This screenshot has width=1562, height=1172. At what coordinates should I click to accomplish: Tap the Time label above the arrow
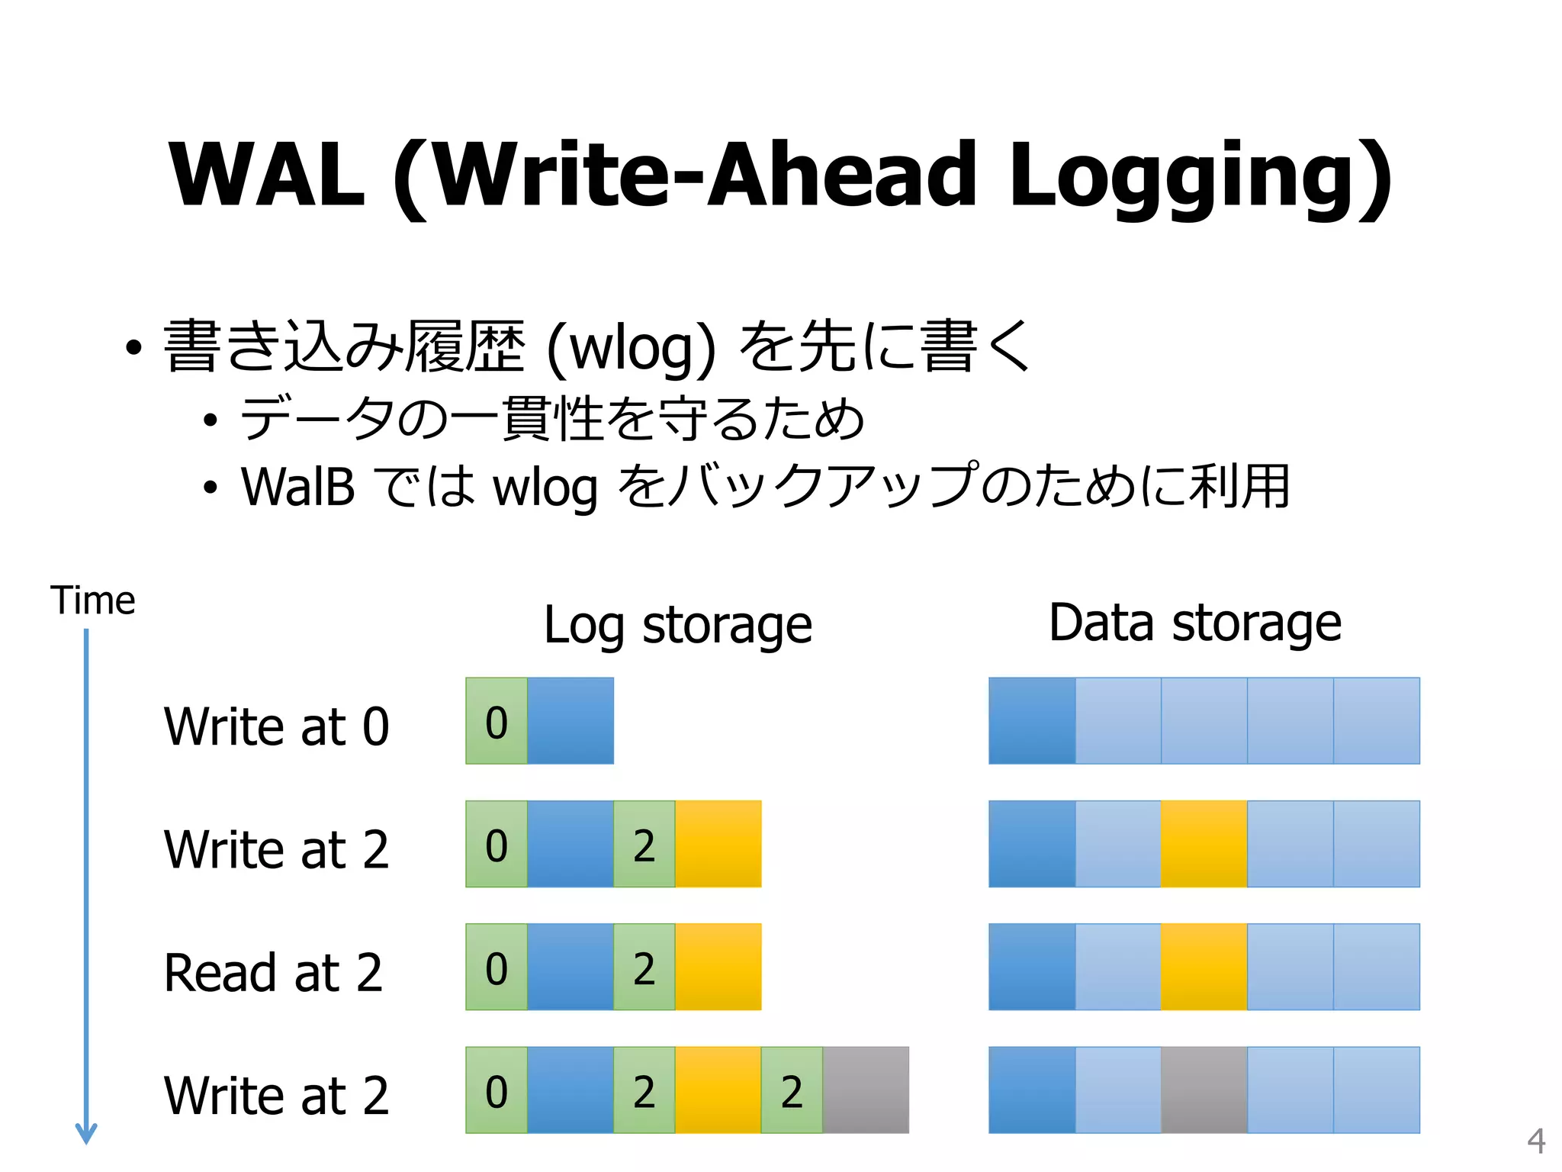(92, 600)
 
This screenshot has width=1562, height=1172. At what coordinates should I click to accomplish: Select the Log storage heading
(677, 626)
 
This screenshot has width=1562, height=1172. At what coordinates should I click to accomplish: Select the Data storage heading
(1194, 623)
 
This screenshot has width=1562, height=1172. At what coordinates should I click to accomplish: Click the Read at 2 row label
(273, 973)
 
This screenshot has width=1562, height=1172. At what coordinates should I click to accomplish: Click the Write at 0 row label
(276, 726)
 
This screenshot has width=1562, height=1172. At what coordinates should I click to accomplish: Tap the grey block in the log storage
(866, 1090)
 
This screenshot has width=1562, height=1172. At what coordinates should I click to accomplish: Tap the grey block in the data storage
(1204, 1090)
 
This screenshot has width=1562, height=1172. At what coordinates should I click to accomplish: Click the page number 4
(1536, 1141)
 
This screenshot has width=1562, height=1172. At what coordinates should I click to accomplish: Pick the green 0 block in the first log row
(497, 721)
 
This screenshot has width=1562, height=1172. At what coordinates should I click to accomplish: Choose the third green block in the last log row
(792, 1090)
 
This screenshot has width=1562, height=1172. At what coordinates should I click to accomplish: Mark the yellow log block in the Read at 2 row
(718, 967)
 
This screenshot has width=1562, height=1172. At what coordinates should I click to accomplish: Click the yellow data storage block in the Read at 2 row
(1204, 967)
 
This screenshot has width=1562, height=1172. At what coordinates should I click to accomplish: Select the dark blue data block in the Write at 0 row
(1032, 721)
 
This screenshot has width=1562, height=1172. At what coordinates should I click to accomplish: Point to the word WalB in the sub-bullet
(298, 487)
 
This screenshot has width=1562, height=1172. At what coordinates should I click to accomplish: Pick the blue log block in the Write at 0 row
(570, 721)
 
